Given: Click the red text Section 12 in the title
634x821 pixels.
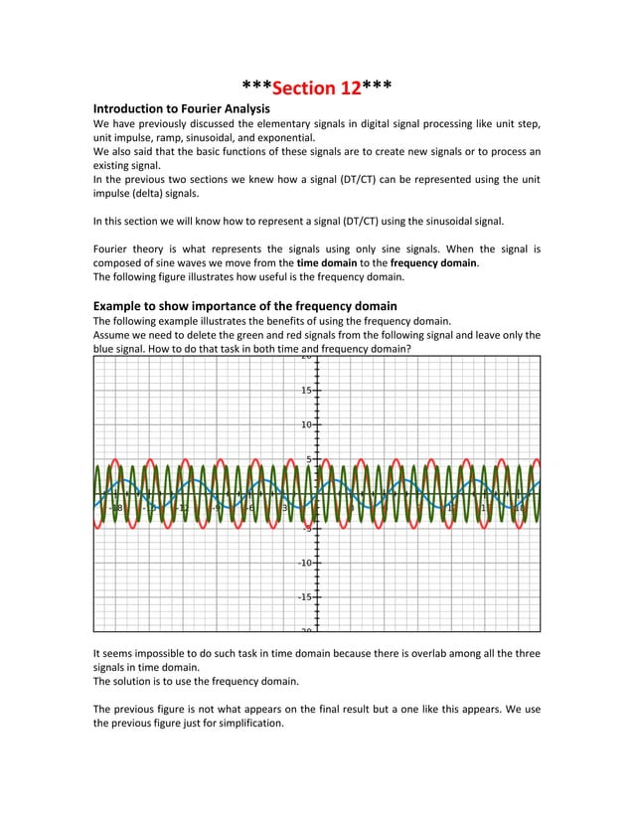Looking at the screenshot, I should click(316, 88).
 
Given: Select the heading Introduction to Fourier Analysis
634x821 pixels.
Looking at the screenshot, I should click(182, 107).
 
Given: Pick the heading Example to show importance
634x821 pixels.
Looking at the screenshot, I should click(244, 305).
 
